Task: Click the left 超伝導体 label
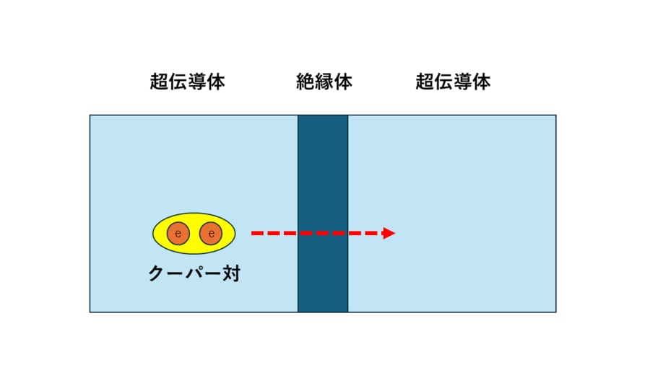click(x=187, y=82)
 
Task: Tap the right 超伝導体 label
click(x=453, y=82)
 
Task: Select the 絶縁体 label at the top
click(x=324, y=82)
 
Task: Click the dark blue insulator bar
click(x=323, y=214)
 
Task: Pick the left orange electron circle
click(x=178, y=234)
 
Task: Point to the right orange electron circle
click(x=211, y=234)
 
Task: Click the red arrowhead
click(x=389, y=234)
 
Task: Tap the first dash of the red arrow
click(x=257, y=234)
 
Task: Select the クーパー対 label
click(x=194, y=273)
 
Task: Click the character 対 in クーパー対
click(x=232, y=273)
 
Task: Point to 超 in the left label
click(x=159, y=82)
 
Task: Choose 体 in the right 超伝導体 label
click(x=482, y=82)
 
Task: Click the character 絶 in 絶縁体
click(x=305, y=82)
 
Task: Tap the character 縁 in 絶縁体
click(x=324, y=82)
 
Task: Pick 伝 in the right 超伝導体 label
click(x=443, y=82)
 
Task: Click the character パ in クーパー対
click(x=194, y=273)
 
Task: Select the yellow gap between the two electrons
click(x=194, y=234)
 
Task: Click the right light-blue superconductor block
click(x=452, y=214)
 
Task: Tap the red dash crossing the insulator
click(x=323, y=234)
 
